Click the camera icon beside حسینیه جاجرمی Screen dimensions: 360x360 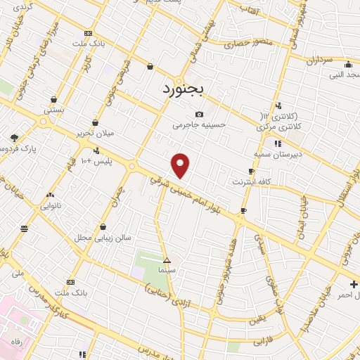pyautogui.click(x=199, y=114)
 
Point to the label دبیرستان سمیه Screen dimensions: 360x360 pyautogui.click(x=277, y=153)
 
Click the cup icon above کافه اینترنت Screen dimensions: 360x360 pyautogui.click(x=251, y=171)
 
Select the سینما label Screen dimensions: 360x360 pyautogui.click(x=167, y=269)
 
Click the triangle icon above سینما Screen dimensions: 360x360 pyautogui.click(x=167, y=259)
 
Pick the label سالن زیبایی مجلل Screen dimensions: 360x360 pyautogui.click(x=104, y=238)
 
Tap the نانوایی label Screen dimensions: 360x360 pyautogui.click(x=50, y=206)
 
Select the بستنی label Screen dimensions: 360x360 pyautogui.click(x=54, y=110)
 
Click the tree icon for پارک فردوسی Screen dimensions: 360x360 pyautogui.click(x=14, y=138)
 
